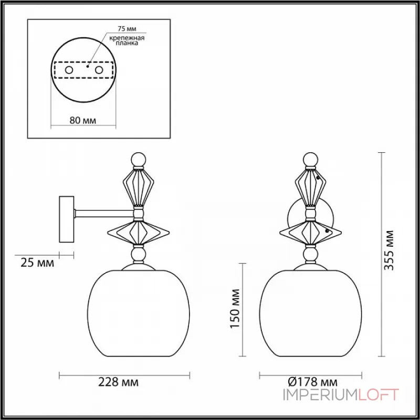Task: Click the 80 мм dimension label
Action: (82, 120)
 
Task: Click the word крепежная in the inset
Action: (127, 38)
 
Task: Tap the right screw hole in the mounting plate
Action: (98, 70)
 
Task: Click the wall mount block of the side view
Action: (67, 219)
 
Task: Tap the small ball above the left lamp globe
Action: (139, 255)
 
